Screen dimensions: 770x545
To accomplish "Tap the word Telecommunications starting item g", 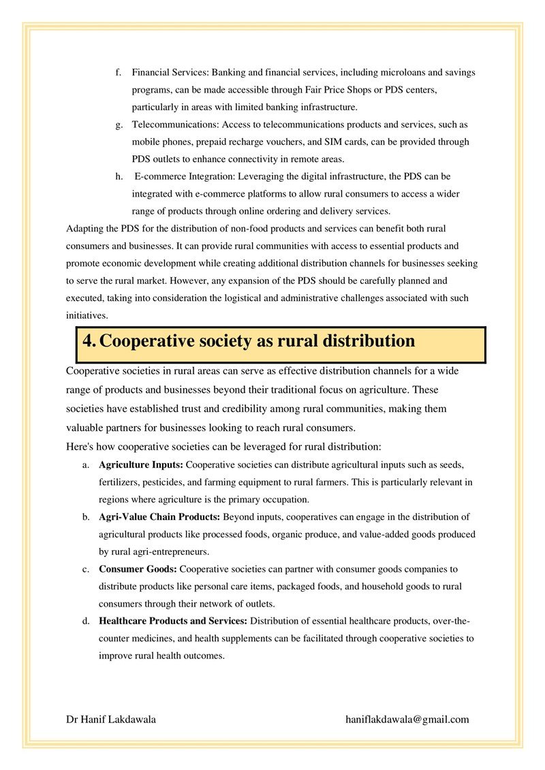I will [x=174, y=125].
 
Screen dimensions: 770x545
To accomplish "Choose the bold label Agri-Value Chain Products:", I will [x=159, y=517].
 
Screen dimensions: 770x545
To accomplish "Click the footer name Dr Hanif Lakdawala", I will [x=110, y=719].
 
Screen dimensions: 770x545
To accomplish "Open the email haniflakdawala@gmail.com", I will [x=407, y=719].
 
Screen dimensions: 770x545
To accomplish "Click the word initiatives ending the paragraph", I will [x=87, y=316].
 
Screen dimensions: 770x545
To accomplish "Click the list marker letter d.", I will [x=86, y=621].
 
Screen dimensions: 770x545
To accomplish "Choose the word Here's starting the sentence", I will [x=81, y=447].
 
